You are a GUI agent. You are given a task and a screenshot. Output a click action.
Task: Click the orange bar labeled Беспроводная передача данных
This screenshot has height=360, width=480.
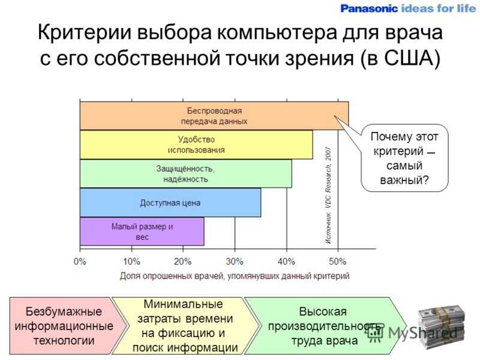214,116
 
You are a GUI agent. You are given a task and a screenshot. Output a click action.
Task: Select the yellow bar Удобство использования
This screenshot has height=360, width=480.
196,145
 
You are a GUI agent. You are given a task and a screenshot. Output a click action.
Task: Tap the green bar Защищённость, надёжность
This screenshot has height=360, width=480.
186,173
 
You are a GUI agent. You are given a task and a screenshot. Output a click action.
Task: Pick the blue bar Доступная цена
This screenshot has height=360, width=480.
170,203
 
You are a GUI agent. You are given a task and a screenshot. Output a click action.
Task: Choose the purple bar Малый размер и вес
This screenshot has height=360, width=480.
142,232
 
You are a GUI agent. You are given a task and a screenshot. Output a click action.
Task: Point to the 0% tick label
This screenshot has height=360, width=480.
80,262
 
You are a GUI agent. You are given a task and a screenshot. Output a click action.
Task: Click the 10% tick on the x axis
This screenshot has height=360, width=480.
131,262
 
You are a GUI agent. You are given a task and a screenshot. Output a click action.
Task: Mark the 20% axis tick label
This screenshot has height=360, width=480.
183,262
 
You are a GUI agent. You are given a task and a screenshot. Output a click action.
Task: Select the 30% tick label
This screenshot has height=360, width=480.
235,262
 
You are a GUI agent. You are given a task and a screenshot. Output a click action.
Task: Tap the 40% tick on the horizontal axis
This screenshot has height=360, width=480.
287,262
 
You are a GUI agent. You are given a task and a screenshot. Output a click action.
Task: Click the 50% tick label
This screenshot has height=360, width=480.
338,262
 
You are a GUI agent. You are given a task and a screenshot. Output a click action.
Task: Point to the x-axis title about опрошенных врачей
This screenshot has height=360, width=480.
235,276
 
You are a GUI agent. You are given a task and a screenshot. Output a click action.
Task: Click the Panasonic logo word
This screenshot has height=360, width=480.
369,8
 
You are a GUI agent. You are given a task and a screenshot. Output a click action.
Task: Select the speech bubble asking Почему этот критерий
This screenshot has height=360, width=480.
404,158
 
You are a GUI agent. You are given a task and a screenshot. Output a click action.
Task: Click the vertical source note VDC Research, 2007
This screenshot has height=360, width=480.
328,195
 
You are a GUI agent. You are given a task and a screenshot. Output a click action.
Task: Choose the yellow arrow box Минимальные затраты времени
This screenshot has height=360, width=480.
185,326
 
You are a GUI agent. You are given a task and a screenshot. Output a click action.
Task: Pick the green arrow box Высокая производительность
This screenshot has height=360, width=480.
325,326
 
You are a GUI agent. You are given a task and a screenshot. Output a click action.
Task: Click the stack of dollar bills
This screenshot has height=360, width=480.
441,328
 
